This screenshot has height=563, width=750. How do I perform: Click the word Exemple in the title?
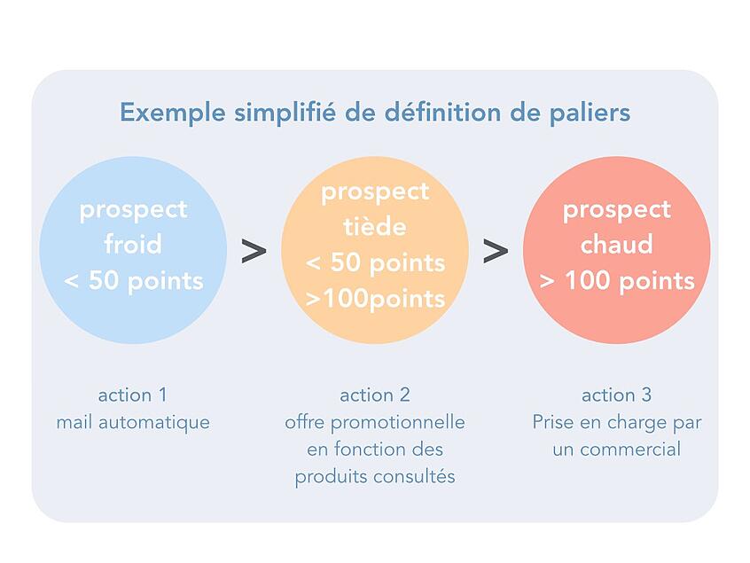click(x=172, y=113)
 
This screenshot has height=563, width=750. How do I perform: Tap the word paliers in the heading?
click(x=590, y=113)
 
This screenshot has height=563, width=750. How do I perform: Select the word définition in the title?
click(x=443, y=113)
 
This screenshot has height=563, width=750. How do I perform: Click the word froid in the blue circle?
click(x=133, y=244)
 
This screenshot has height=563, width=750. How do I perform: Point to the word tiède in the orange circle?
click(x=375, y=226)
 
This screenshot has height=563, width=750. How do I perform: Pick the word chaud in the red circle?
click(x=616, y=244)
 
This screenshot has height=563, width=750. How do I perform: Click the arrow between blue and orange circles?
click(x=254, y=251)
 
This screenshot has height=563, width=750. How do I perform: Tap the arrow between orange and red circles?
click(x=496, y=251)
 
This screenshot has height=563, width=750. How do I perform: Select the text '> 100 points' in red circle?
click(x=616, y=280)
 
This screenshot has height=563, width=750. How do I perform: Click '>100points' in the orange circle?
click(x=375, y=299)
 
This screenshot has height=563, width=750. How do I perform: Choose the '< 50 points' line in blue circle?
click(x=134, y=280)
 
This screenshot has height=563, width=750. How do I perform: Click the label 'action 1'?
click(x=133, y=395)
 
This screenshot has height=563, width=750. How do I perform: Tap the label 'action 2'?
click(x=375, y=395)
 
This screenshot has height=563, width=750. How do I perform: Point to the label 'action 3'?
click(x=616, y=395)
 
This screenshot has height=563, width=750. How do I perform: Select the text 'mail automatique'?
click(x=133, y=422)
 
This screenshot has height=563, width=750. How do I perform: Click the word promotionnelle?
click(x=397, y=422)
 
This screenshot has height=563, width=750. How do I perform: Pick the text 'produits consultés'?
click(x=375, y=476)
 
